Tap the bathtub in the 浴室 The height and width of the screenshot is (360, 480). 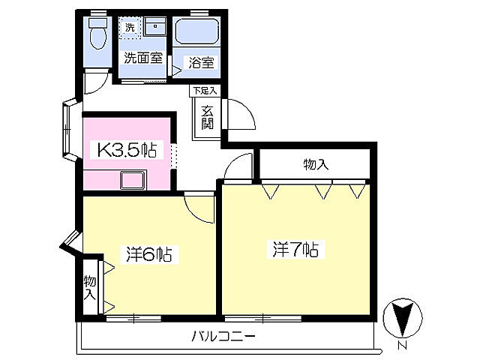pyautogui.click(x=195, y=33)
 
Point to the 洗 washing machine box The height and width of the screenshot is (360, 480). pyautogui.click(x=130, y=28)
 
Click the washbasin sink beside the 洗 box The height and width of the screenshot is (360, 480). pyautogui.click(x=154, y=27)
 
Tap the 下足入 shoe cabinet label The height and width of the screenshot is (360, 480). pyautogui.click(x=204, y=91)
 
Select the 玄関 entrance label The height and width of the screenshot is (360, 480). pyautogui.click(x=206, y=117)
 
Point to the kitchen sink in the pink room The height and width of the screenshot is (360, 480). pyautogui.click(x=134, y=180)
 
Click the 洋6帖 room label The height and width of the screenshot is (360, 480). pyautogui.click(x=149, y=254)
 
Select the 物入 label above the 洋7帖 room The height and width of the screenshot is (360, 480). pyautogui.click(x=316, y=164)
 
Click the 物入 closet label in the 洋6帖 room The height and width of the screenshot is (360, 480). pyautogui.click(x=90, y=286)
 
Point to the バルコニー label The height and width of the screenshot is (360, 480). pyautogui.click(x=223, y=336)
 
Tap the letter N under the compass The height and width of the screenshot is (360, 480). pyautogui.click(x=402, y=346)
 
